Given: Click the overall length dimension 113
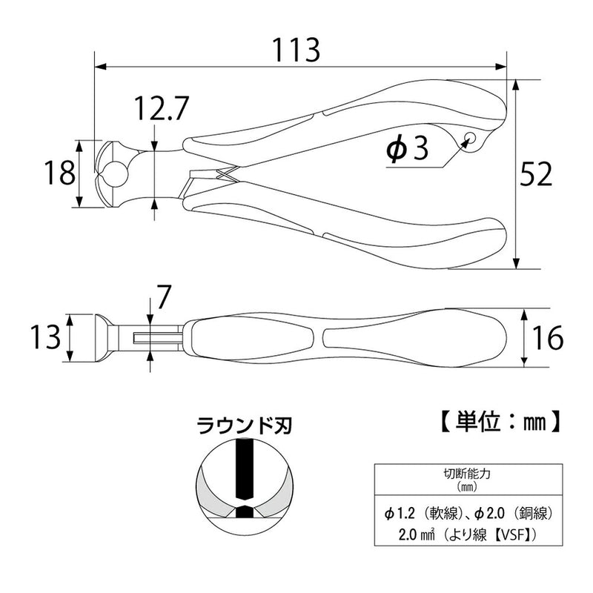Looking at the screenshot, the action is click(296, 50).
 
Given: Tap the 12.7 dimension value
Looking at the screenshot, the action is click(162, 107).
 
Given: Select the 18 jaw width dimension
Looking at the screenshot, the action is click(59, 173).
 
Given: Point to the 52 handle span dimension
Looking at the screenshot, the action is click(536, 174).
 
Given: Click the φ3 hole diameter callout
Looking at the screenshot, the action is click(407, 148).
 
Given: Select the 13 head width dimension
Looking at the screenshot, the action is click(46, 337).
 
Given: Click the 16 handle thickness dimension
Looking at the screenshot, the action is click(547, 338).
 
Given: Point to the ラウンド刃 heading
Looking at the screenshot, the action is click(244, 426).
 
